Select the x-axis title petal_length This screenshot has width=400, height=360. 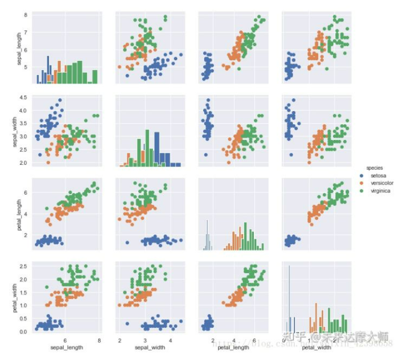[233, 347]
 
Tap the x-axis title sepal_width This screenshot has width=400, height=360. [149, 347]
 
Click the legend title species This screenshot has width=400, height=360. [375, 168]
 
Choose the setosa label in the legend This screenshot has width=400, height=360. [379, 175]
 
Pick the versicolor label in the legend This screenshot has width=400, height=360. [382, 183]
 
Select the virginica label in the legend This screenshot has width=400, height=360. [380, 191]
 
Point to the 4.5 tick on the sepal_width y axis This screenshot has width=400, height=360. [24, 98]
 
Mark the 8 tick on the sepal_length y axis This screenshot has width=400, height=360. [27, 15]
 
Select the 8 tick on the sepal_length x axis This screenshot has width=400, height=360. [99, 340]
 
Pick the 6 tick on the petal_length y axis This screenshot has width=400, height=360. [27, 192]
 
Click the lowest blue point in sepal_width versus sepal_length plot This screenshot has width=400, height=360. [39, 155]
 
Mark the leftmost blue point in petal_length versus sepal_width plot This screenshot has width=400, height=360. [127, 243]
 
